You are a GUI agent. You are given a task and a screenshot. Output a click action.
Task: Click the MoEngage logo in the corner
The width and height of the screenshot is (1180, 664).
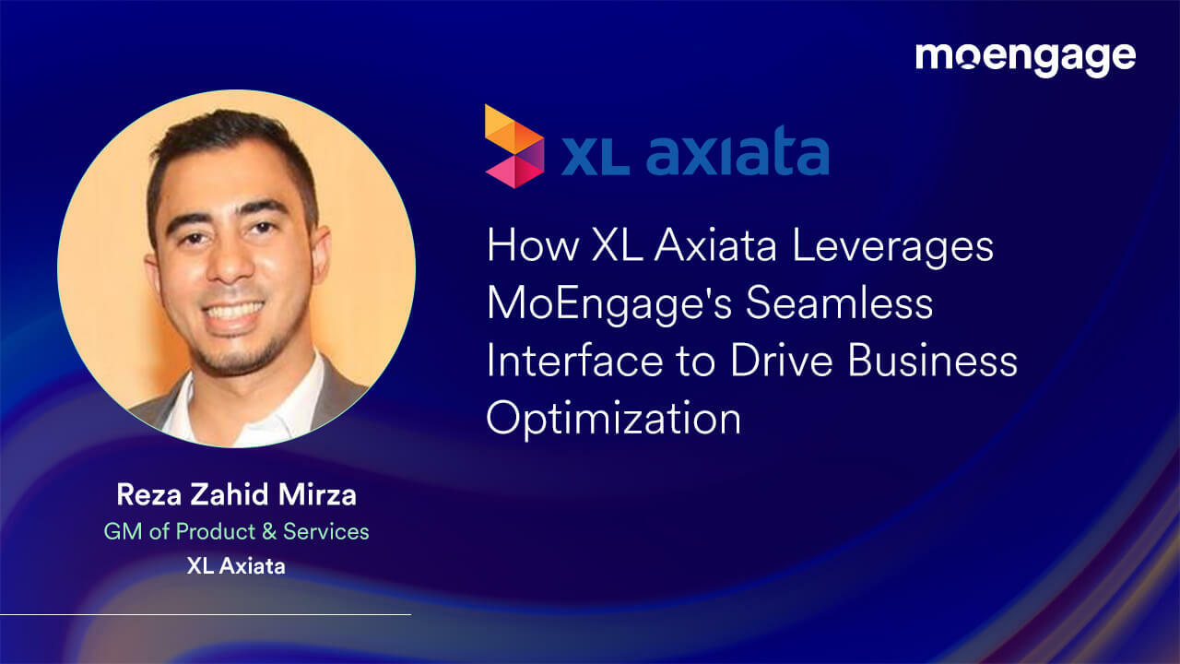coord(1025,58)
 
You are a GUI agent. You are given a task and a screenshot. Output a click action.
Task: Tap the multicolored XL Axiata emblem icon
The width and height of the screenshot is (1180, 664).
coord(513,147)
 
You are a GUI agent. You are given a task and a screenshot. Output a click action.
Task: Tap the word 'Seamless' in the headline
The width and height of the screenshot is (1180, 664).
coord(839,303)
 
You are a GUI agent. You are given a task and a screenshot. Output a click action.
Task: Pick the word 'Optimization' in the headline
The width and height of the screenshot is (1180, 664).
coord(614,420)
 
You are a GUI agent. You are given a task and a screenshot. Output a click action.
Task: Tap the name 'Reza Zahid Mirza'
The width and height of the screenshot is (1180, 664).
coord(236,495)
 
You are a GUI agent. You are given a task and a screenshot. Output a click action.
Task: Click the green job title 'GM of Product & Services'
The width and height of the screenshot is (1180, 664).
coord(236,532)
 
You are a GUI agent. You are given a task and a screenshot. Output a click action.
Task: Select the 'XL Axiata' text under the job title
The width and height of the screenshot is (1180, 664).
coord(236,566)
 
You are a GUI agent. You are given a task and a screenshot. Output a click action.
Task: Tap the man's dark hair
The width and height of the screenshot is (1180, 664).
coord(226,138)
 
